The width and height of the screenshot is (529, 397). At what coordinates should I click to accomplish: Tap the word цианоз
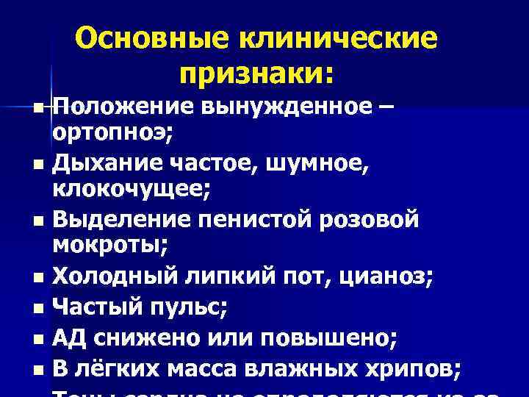click(382, 276)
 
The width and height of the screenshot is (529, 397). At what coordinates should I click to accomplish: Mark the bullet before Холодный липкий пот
click(38, 278)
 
